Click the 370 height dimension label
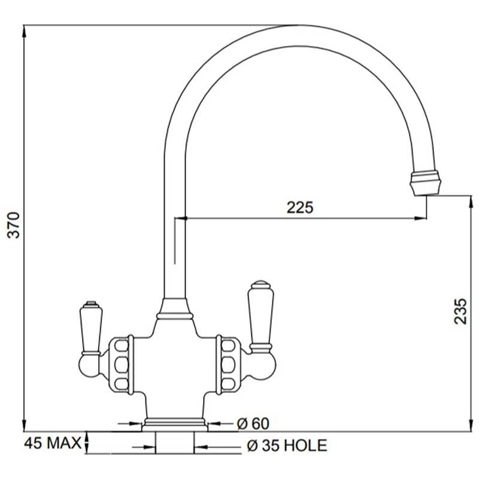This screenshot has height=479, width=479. click(x=14, y=225)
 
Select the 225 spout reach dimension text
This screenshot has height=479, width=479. click(x=300, y=207)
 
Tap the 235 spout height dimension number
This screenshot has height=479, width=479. click(x=460, y=311)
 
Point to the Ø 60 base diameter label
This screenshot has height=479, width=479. click(x=253, y=423)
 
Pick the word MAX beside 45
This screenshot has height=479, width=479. click(x=63, y=443)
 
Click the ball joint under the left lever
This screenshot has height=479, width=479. click(x=89, y=365)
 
